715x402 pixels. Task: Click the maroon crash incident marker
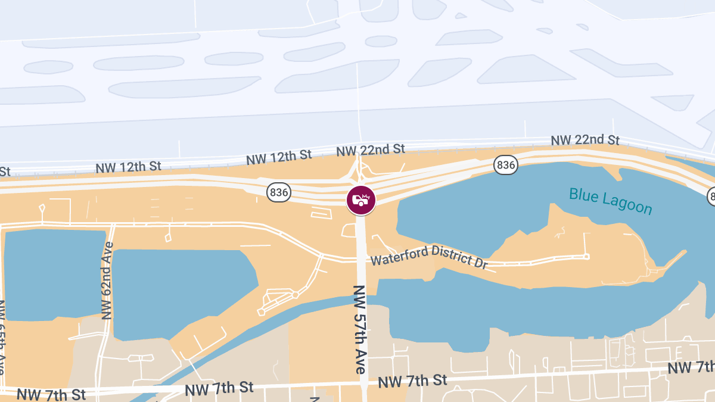click(x=361, y=200)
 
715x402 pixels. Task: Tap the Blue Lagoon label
click(x=611, y=201)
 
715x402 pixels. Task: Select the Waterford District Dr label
click(x=429, y=257)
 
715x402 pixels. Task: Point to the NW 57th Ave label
click(x=359, y=329)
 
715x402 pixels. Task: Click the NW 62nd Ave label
click(x=107, y=281)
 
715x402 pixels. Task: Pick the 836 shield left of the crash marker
click(x=279, y=192)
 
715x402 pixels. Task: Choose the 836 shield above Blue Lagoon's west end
click(x=505, y=164)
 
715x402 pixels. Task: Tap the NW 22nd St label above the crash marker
click(x=370, y=149)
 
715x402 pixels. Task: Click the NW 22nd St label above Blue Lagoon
click(x=585, y=140)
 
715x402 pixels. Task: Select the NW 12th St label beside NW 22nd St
click(x=279, y=157)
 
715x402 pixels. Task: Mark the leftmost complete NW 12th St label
click(x=129, y=167)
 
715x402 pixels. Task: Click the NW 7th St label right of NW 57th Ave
click(x=412, y=380)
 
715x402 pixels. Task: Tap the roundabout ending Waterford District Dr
click(x=586, y=257)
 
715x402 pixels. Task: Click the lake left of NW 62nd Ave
click(x=54, y=274)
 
